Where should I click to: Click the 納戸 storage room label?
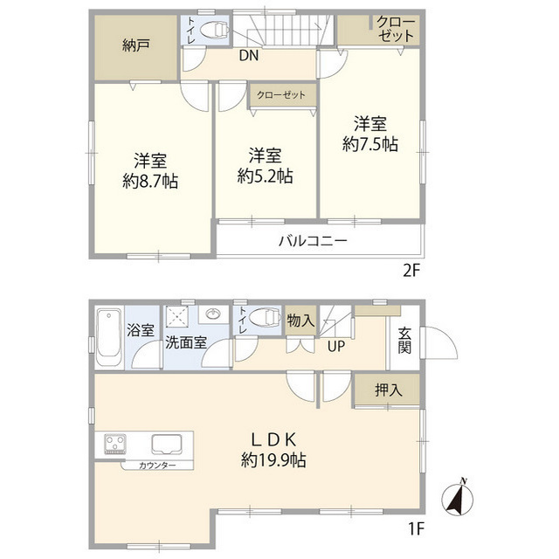pos(136,45)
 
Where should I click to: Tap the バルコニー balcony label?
pos(314,241)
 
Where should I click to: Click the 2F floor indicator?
pos(411,270)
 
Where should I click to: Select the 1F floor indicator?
pos(414,528)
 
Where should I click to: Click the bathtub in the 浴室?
pos(108,338)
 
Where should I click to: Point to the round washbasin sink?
pos(213,314)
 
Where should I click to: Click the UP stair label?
pos(335,347)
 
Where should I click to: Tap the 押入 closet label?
pos(387,390)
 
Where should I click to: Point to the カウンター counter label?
pos(157,466)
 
